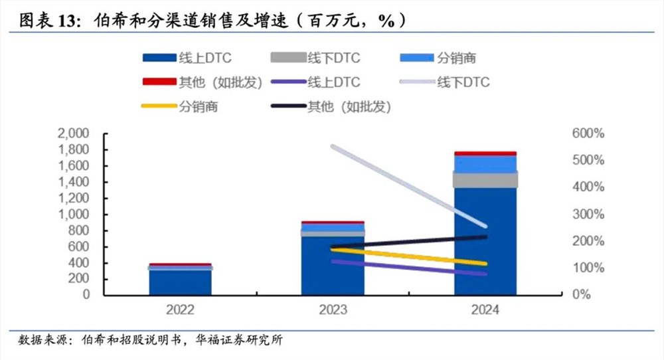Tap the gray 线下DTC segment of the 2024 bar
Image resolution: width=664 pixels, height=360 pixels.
[x=485, y=179]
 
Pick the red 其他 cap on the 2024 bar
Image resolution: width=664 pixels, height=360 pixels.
[x=485, y=153]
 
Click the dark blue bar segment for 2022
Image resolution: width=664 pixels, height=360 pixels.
[x=181, y=282]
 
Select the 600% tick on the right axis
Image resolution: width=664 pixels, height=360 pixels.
[x=588, y=134]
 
